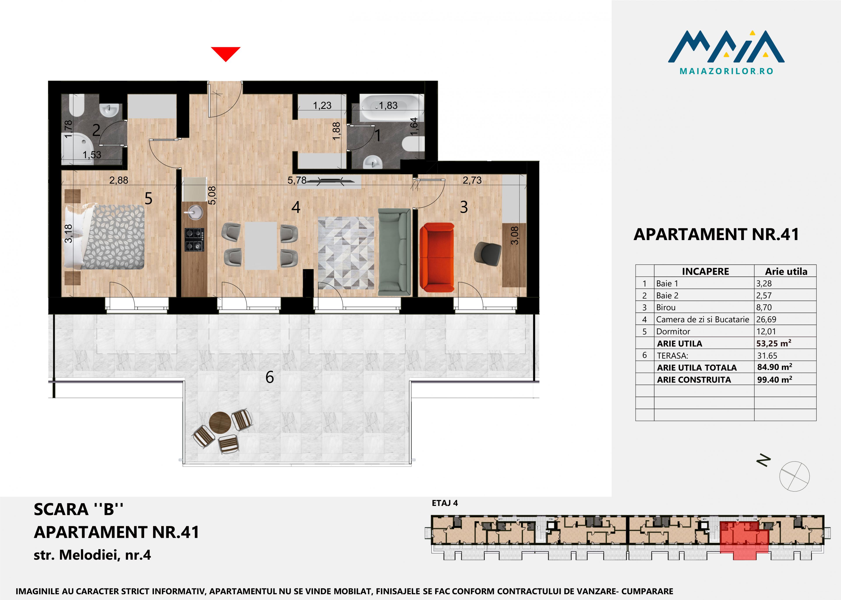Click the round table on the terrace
pos(220,422)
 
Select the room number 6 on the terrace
pos(270,377)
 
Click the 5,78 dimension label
pos(297,180)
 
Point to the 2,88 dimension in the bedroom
pos(118,180)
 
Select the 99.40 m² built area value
pos(774,379)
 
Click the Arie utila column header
pos(786,272)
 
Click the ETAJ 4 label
pos(445,503)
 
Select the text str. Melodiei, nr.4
pos(92,555)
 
